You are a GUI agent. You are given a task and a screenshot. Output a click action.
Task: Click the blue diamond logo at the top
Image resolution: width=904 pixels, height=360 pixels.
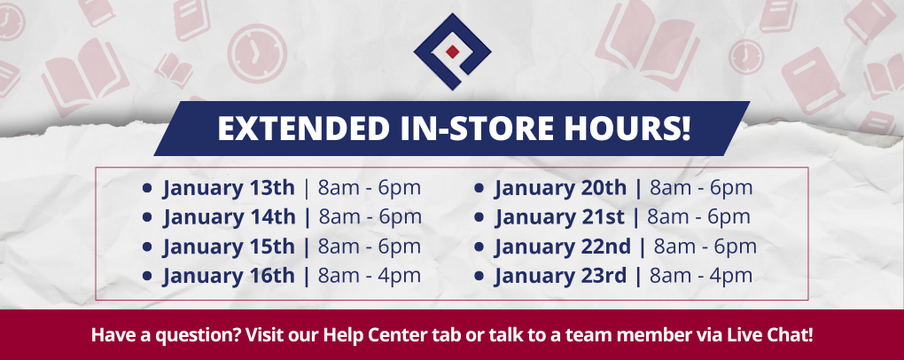452,52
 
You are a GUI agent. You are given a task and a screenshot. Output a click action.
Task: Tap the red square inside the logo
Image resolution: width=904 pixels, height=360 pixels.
453,50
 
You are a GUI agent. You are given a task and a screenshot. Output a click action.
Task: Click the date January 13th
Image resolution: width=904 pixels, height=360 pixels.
229,188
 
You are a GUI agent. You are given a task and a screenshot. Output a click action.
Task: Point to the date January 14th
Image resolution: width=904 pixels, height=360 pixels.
229,217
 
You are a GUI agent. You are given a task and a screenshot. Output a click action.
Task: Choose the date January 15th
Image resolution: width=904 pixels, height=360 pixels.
229,247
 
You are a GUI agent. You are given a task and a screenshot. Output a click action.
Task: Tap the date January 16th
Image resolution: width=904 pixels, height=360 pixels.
229,276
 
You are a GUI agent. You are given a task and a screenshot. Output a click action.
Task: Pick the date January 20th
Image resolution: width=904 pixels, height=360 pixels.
560,188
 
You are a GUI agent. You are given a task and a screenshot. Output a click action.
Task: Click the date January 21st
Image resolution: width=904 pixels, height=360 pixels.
559,217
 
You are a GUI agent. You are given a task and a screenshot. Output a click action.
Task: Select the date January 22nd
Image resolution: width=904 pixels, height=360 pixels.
563,247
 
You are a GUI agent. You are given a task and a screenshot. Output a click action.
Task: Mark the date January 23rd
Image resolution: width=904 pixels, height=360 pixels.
560,276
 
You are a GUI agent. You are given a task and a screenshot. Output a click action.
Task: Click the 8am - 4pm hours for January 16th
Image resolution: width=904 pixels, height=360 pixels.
370,276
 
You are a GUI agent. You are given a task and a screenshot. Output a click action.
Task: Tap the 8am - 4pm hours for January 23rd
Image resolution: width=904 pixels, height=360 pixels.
701,276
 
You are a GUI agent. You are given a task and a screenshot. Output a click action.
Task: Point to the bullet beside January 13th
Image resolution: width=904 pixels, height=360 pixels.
147,189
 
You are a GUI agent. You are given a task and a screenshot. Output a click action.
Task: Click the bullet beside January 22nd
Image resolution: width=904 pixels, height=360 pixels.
479,247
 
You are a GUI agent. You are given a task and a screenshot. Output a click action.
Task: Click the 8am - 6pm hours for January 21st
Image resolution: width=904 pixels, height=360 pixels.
699,217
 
